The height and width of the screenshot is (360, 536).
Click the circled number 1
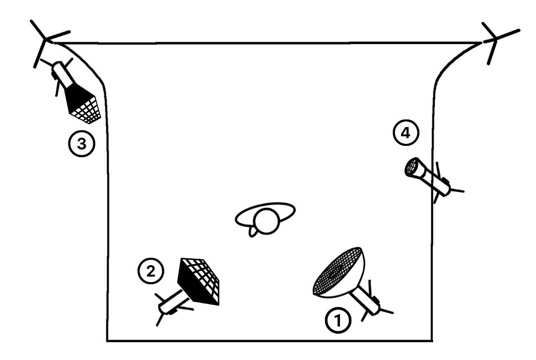(338, 321)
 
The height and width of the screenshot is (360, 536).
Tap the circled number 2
(151, 271)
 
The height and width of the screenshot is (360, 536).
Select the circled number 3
(81, 144)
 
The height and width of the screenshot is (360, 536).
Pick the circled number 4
(406, 133)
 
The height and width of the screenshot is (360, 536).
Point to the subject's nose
(252, 233)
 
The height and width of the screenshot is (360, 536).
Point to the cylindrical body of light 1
(366, 300)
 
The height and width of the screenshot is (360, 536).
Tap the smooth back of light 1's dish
(349, 280)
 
